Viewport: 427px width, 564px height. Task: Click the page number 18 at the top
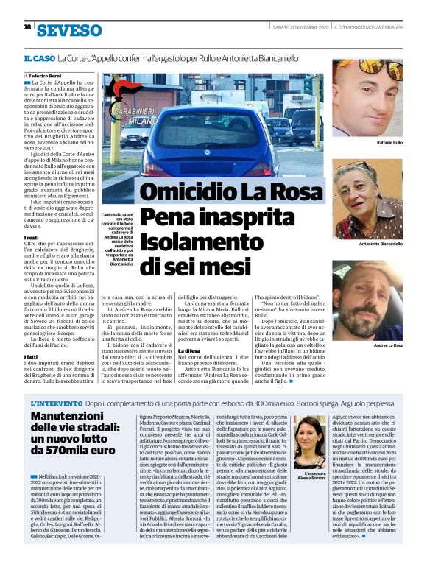tap(27, 27)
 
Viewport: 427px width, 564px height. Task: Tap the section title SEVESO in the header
tap(70, 30)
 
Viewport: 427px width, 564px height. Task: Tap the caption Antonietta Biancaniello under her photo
tap(381, 243)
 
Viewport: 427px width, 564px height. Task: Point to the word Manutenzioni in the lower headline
tap(70, 417)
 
